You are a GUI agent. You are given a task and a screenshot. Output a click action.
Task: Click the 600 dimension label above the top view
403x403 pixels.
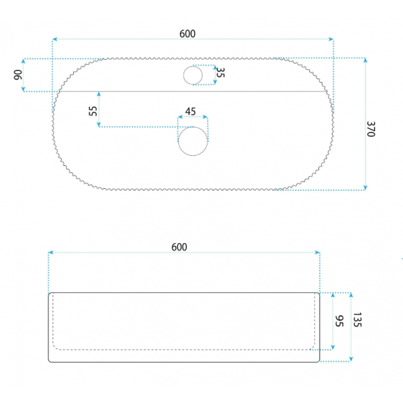pos(187,34)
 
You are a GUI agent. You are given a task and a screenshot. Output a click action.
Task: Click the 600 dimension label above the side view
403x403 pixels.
pos(179,247)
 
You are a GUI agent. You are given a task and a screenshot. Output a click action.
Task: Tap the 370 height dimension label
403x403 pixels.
pos(371,129)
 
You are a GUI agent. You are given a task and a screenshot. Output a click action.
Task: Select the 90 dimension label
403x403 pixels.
pos(18,75)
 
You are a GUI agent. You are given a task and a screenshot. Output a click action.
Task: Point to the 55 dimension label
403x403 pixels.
pos(93,111)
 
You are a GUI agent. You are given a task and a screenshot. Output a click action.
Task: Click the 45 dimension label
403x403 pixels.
pos(191,111)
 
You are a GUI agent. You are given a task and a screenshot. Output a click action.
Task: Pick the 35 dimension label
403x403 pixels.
pos(220,73)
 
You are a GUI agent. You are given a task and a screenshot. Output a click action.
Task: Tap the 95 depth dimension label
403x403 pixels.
pos(339,321)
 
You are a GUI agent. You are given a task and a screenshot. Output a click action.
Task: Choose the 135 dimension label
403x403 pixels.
pos(357,320)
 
